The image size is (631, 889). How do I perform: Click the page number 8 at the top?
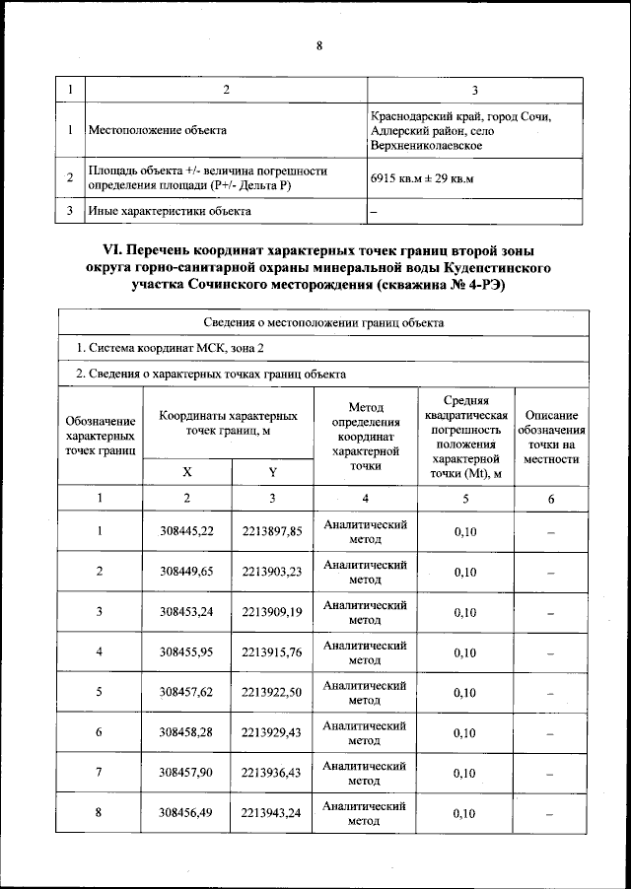(x=319, y=45)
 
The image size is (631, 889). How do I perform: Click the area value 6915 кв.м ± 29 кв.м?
(x=422, y=178)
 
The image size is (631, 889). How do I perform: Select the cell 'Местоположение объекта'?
(x=157, y=130)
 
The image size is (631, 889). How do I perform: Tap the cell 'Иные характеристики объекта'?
(x=170, y=211)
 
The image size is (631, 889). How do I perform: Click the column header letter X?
(x=187, y=471)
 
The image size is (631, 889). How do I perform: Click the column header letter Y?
(x=272, y=471)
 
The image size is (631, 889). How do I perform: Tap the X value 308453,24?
(x=187, y=611)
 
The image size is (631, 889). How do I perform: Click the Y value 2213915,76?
(x=272, y=651)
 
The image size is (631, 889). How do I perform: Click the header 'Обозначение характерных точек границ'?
(x=100, y=436)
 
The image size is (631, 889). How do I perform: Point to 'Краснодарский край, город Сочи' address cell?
(x=460, y=130)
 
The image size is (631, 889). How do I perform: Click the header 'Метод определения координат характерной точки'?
(x=365, y=436)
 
